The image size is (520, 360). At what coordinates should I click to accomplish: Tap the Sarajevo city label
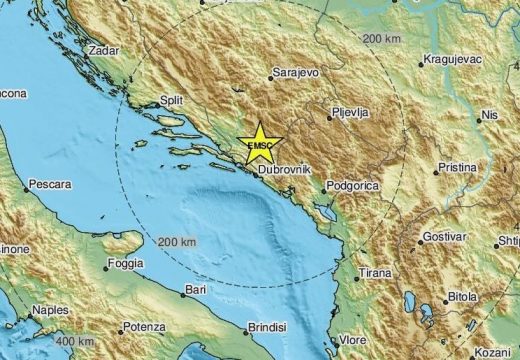pyautogui.click(x=295, y=73)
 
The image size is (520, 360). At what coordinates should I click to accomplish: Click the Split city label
pyautogui.click(x=175, y=101)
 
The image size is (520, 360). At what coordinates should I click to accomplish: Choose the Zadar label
pyautogui.click(x=104, y=49)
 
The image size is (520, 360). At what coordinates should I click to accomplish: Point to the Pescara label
pyautogui.click(x=50, y=185)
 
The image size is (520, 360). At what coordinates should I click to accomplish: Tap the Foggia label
pyautogui.click(x=125, y=266)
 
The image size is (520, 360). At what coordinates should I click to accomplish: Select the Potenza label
pyautogui.click(x=143, y=327)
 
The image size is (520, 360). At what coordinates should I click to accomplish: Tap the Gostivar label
pyautogui.click(x=445, y=237)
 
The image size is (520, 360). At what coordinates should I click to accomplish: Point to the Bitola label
pyautogui.click(x=463, y=297)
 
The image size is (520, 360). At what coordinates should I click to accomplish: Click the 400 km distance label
pyautogui.click(x=76, y=342)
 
